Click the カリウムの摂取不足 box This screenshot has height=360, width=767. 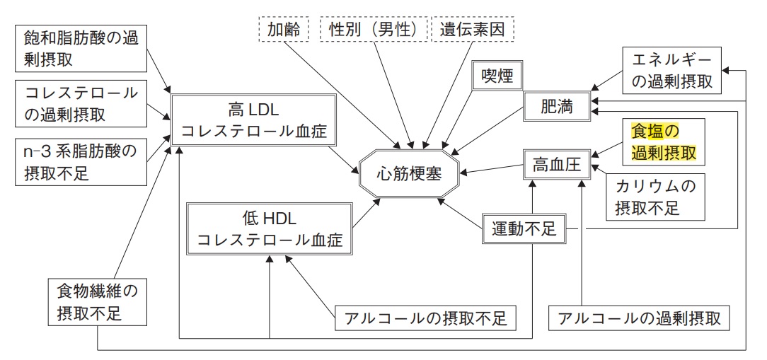654,197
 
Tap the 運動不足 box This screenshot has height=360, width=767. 524,228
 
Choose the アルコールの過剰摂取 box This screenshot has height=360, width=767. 639,318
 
